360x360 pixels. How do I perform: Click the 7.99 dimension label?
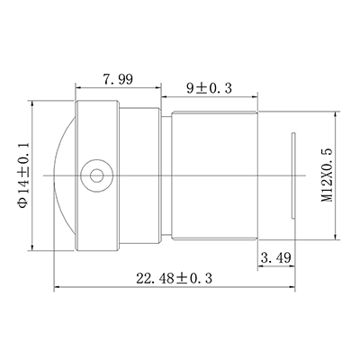tap(118, 79)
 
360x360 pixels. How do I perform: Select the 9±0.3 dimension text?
tap(210, 88)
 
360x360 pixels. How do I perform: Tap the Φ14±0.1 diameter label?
tap(23, 175)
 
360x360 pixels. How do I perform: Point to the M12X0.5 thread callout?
tap(328, 175)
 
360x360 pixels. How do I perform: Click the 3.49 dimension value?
tap(276, 257)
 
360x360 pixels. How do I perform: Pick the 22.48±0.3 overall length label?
tap(175, 278)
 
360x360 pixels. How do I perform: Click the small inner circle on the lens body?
tap(96, 175)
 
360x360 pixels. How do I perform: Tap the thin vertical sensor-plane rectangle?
tap(293, 175)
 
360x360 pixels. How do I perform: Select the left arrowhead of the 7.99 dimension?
tap(78, 88)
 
